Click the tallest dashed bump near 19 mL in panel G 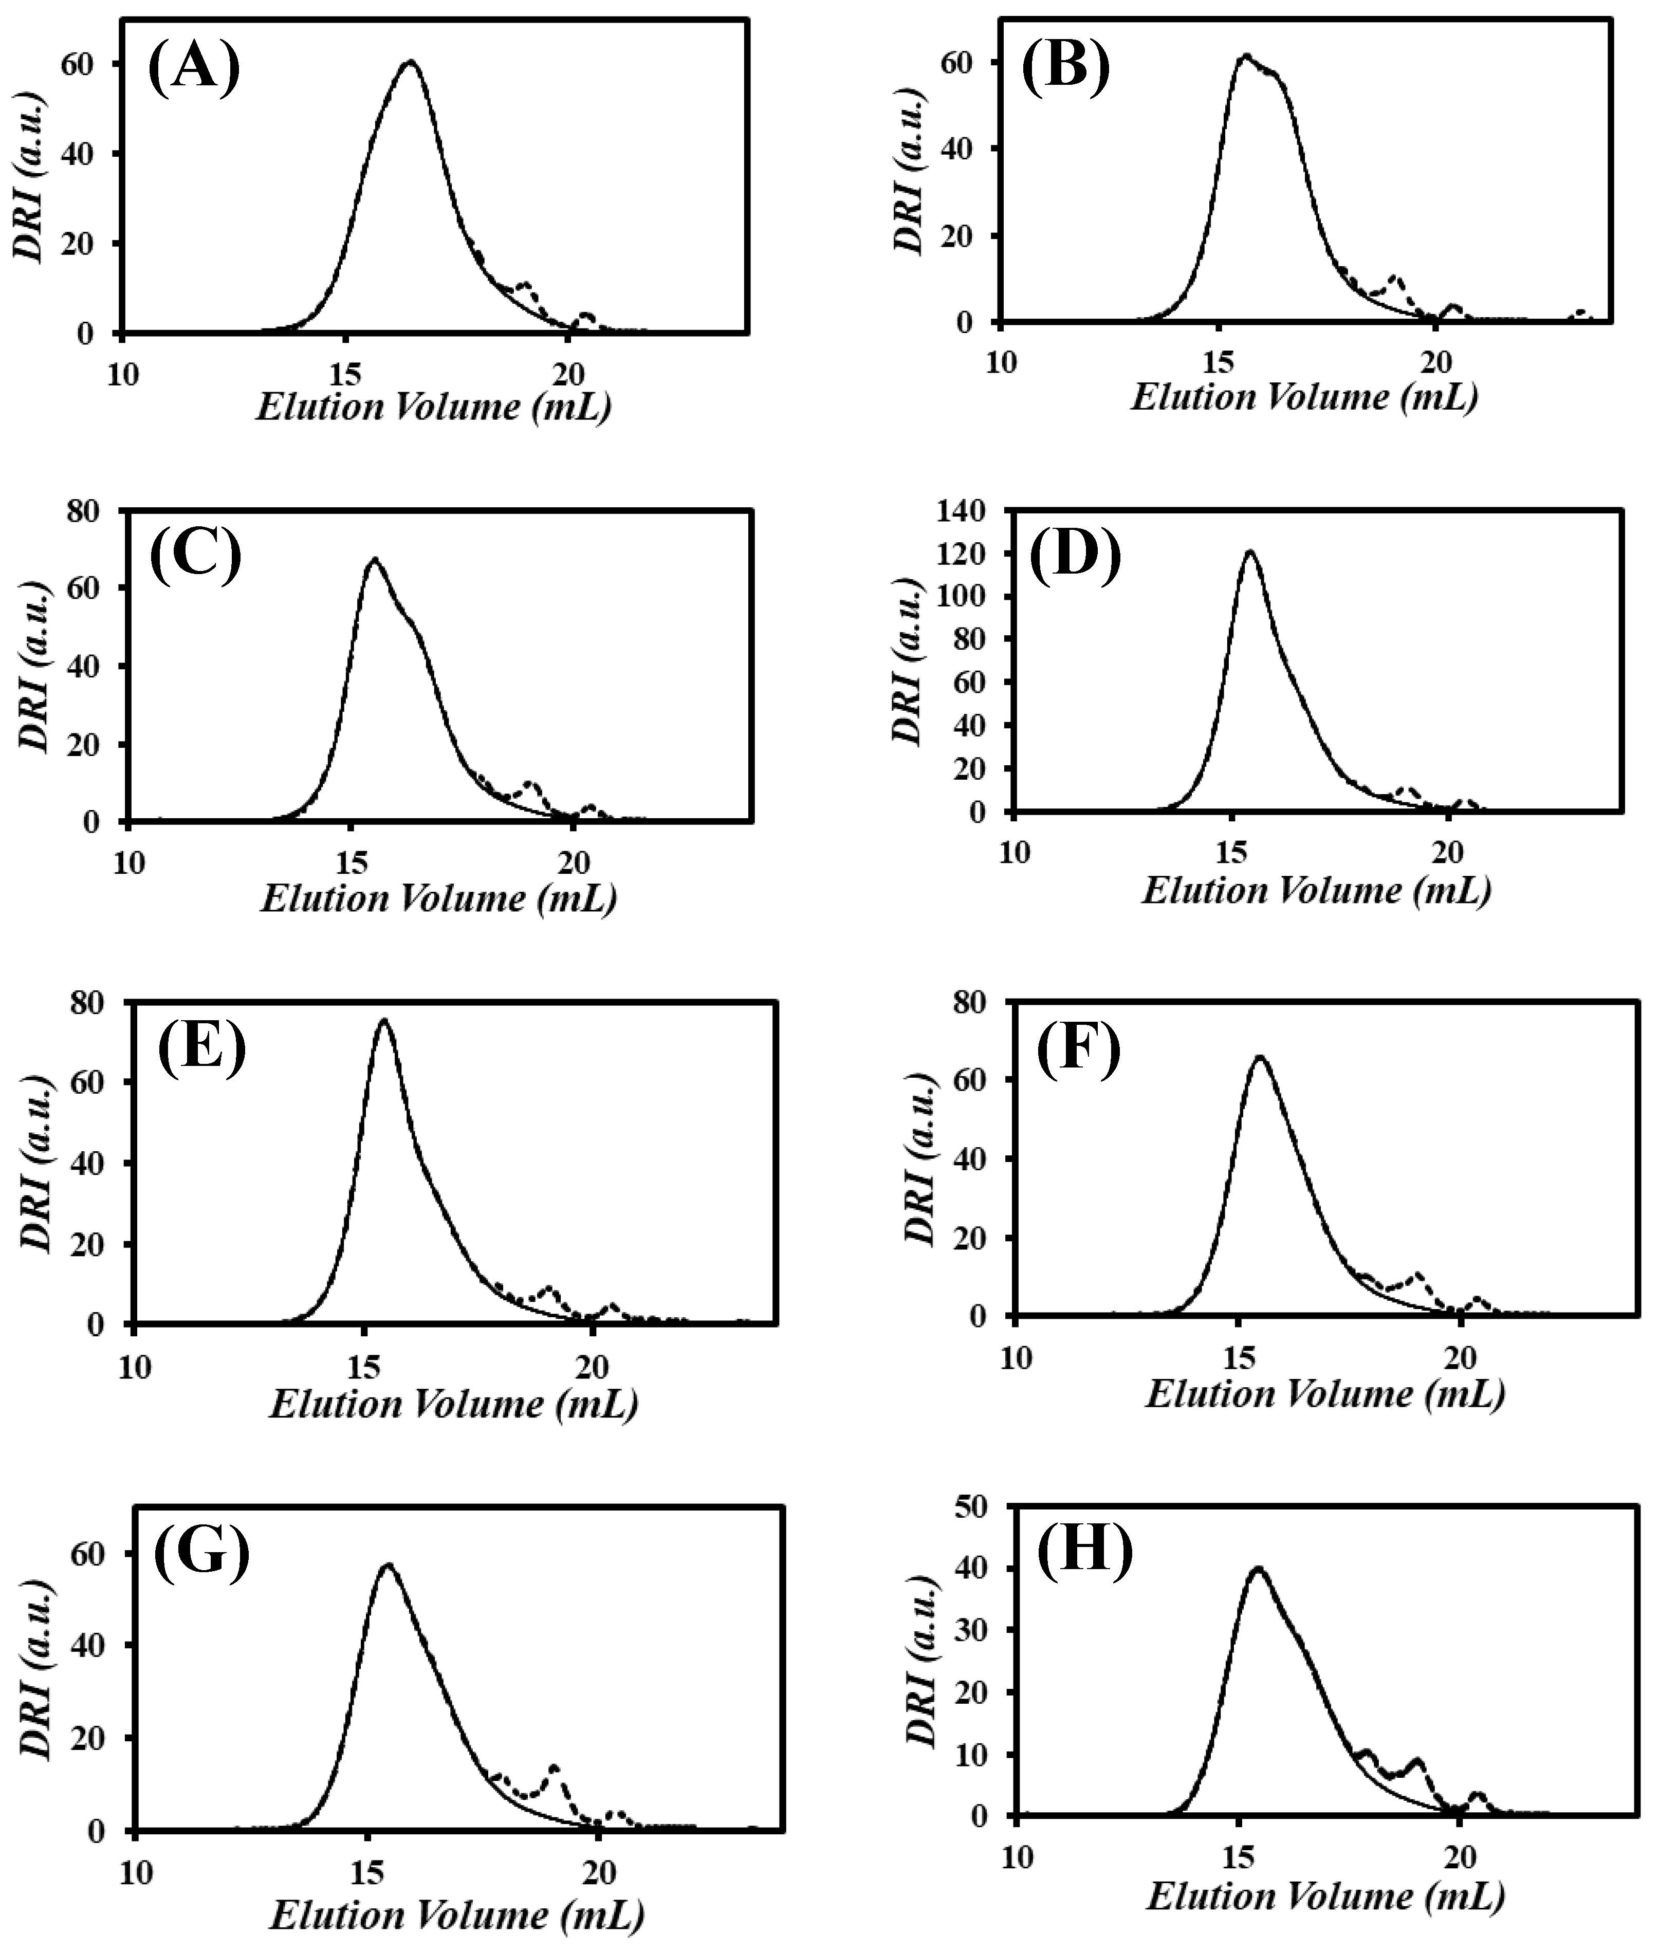pyautogui.click(x=554, y=1767)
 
